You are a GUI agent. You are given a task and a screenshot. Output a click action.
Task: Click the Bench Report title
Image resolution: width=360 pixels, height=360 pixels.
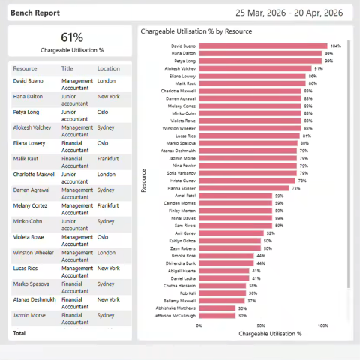[35, 13]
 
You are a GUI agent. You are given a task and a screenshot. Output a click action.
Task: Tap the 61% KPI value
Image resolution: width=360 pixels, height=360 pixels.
[72, 37]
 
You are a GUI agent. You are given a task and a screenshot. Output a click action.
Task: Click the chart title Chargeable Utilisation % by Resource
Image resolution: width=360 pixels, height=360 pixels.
[196, 31]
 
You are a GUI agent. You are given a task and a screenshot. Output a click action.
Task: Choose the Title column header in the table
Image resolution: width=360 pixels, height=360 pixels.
[67, 68]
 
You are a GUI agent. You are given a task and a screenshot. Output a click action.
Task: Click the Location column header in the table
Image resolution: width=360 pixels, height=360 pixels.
[108, 68]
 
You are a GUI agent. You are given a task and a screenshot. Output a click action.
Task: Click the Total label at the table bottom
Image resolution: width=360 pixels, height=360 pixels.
[19, 332]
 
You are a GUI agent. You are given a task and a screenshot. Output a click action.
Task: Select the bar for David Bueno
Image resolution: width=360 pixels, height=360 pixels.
[262, 46]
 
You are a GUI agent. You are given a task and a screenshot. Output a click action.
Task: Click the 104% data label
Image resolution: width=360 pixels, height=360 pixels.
[335, 46]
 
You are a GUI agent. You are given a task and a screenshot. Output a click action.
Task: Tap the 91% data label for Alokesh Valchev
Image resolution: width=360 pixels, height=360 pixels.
[318, 68]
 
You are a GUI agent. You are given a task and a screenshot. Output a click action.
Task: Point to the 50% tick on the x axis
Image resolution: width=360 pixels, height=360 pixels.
[261, 325]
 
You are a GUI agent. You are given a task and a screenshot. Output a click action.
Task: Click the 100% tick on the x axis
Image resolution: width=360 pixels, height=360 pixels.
[323, 325]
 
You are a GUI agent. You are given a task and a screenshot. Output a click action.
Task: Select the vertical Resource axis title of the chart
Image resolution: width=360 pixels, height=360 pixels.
[144, 180]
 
